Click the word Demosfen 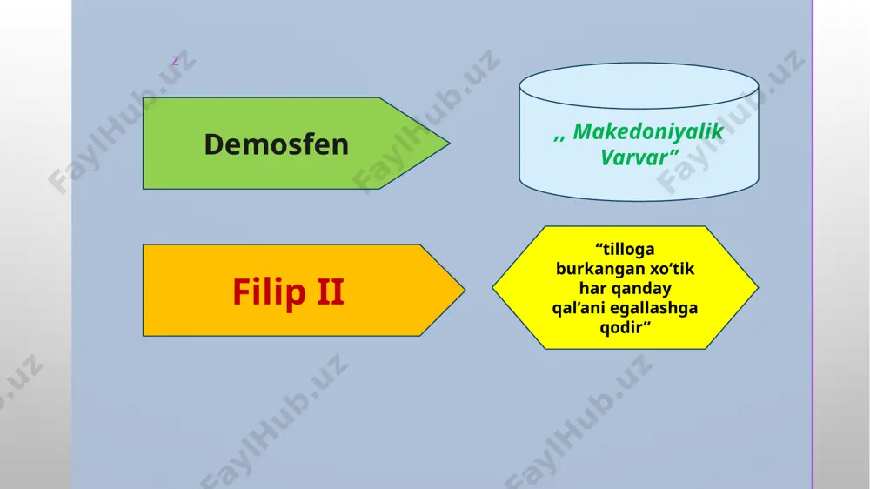pos(277,144)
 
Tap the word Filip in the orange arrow pos(269,292)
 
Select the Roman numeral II pos(331,291)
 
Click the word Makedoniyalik pos(648,132)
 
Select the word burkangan pos(592,269)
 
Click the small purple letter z pos(176,61)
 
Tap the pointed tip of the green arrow pos(450,144)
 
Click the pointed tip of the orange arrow pos(465,290)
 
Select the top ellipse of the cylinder pos(639,85)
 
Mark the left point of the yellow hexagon pos(492,287)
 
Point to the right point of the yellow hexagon pos(758,287)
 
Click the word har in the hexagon pos(592,288)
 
